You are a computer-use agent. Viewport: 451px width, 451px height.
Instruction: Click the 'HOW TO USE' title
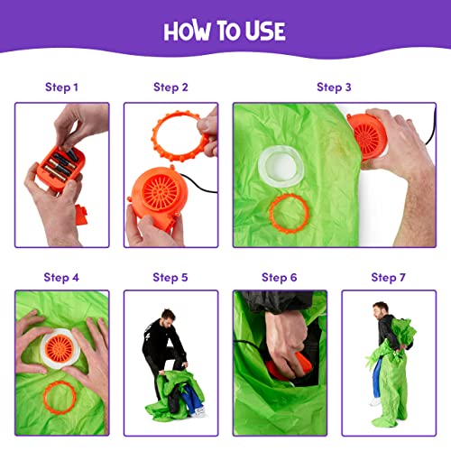pos(225,31)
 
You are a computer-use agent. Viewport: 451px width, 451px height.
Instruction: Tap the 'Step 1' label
pos(61,87)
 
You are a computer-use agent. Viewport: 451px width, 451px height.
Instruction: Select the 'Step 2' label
pos(170,87)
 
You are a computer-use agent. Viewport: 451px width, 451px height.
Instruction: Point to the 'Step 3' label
pos(334,87)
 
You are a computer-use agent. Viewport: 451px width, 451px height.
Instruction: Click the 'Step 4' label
pos(61,278)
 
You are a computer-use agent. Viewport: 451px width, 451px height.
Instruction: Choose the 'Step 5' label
pos(170,278)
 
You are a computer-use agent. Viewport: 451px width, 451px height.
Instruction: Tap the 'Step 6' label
pos(280,278)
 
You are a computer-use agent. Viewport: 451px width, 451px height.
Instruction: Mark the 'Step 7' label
pos(389,278)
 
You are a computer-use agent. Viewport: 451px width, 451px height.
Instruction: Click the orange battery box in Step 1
pos(60,167)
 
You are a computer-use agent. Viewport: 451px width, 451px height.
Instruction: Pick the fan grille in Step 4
pos(60,348)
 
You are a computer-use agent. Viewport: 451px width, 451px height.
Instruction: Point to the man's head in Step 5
pos(167,318)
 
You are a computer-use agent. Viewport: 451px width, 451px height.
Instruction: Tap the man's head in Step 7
pos(381,311)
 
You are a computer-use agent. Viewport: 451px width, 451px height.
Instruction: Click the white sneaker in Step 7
pos(375,402)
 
